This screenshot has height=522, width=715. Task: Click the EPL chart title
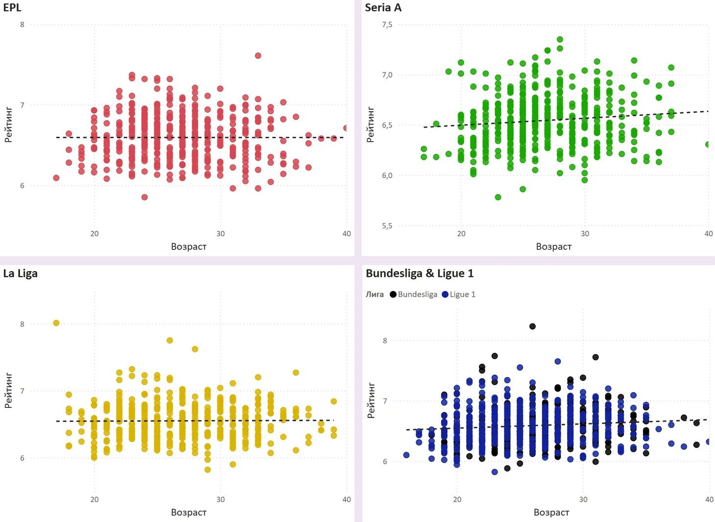coord(12,7)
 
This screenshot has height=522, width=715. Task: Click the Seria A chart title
coord(383,7)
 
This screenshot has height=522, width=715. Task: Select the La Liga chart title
coord(20,273)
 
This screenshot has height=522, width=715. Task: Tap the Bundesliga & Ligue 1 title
coord(420,273)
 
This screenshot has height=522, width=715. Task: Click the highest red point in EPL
coord(258,56)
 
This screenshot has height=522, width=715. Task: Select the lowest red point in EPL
coord(144,197)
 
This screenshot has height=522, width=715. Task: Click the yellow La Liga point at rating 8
coord(56,323)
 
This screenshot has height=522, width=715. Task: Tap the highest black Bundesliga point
coord(532,326)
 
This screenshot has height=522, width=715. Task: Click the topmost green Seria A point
coord(560,40)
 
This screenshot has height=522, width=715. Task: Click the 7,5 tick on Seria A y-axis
coord(387,25)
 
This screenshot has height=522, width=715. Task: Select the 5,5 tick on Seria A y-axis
coord(387,226)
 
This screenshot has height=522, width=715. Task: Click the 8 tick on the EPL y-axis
coord(22,25)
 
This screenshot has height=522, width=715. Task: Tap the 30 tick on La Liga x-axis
coord(220,499)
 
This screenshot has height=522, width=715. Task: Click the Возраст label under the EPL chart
coord(189,247)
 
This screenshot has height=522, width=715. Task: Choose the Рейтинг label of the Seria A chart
coord(370,125)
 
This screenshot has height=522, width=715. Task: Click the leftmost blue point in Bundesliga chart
coord(406,455)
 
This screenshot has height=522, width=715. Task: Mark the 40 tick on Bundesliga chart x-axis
coord(709,499)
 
